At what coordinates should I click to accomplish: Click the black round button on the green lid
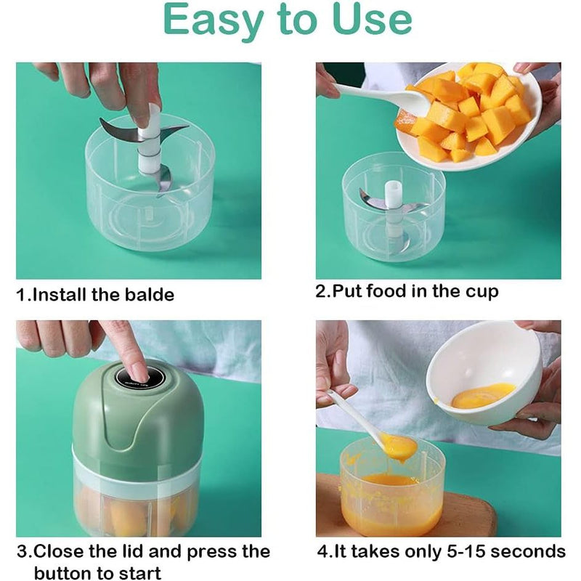tap(134, 376)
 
